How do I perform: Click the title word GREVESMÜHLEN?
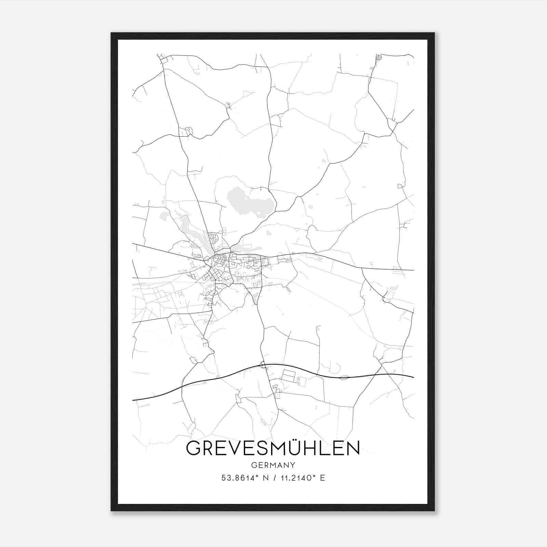click(x=273, y=448)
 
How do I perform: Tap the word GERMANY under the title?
click(x=273, y=465)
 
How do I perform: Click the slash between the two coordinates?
click(x=273, y=478)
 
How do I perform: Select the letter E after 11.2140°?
click(x=322, y=478)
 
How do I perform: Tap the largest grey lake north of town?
click(x=251, y=203)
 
